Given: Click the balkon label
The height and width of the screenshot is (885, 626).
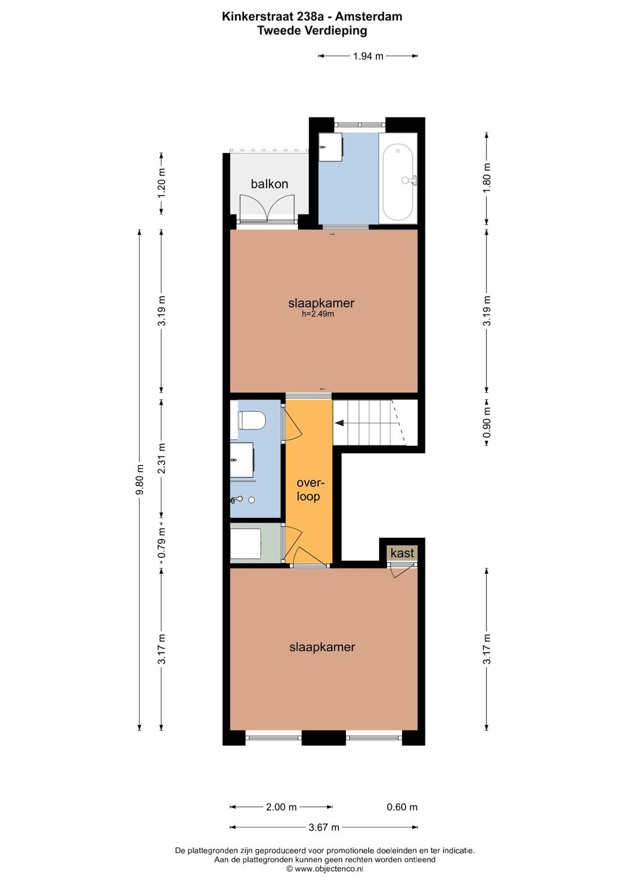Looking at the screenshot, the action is (x=270, y=184).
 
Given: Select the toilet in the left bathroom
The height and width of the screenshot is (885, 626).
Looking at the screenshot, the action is (x=252, y=420).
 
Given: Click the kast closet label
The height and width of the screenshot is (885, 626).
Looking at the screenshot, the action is (x=402, y=553).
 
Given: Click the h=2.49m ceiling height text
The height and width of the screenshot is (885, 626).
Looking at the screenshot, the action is (x=318, y=314).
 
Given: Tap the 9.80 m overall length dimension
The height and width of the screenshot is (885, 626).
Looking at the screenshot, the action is (x=139, y=480).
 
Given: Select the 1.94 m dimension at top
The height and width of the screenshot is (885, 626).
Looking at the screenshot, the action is (x=368, y=56).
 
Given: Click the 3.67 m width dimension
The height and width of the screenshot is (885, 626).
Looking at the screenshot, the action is (x=324, y=827).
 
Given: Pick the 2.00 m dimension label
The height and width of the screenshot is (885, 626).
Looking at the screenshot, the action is (x=281, y=807).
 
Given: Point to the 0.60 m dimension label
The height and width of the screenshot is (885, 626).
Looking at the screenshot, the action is (x=402, y=807).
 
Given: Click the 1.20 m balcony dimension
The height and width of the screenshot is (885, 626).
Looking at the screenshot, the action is (x=161, y=184).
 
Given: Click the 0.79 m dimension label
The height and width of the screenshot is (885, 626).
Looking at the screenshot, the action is (x=161, y=543).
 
